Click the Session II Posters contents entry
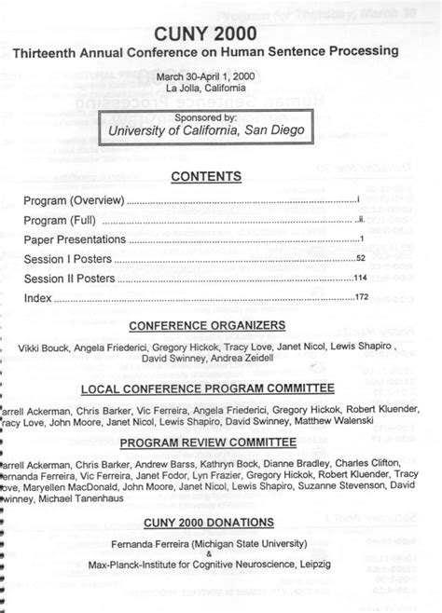point(70,279)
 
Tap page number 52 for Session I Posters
point(361,259)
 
